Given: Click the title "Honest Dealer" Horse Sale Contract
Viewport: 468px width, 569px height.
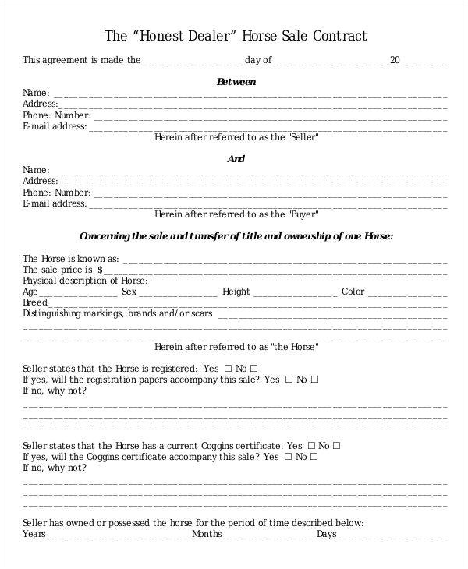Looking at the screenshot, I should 235,36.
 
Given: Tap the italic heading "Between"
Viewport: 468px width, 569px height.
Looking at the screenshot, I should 236,81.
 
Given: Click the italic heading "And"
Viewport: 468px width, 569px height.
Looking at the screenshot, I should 236,159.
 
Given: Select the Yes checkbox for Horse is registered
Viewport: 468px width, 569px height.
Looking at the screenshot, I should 228,368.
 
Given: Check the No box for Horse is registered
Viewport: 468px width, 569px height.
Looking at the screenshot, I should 254,368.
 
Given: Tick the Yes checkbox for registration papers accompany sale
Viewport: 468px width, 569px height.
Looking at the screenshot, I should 289,380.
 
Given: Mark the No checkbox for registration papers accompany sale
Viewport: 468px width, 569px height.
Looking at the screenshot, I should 315,380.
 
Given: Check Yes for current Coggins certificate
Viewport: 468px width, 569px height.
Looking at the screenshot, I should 311,446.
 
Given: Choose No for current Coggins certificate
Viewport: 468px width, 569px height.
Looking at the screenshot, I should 337,446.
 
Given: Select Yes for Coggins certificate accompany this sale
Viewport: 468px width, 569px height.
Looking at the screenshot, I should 289,457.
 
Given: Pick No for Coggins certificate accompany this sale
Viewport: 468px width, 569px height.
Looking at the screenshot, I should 315,457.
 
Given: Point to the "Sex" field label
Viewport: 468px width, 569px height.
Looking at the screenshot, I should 129,292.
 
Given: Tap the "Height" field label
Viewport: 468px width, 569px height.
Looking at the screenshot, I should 236,292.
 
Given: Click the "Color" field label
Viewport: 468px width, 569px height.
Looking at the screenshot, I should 353,292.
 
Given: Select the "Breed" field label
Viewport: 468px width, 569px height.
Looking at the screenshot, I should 35,302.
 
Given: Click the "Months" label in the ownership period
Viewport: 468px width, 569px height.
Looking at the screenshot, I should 207,535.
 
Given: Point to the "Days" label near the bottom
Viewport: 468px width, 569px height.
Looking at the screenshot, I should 326,535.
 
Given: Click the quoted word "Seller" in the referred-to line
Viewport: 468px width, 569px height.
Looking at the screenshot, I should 303,136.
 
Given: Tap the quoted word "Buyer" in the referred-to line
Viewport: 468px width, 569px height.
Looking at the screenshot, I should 303,214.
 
